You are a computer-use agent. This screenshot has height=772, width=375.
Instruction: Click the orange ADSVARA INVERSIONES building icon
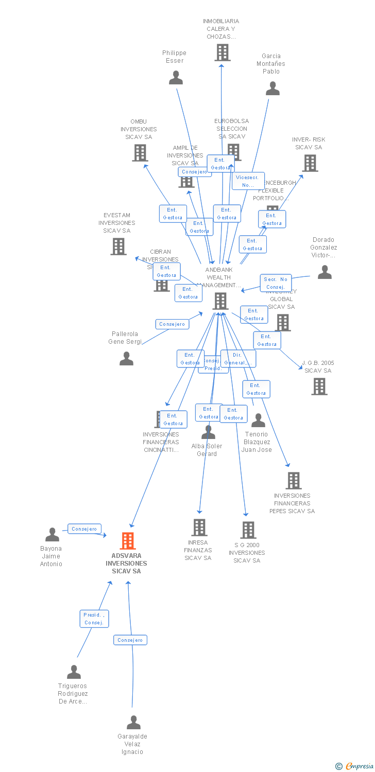pyautogui.click(x=128, y=541)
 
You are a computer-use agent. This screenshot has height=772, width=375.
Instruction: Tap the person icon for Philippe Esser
pyautogui.click(x=176, y=78)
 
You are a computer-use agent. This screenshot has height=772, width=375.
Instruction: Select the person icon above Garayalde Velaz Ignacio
pyautogui.click(x=133, y=723)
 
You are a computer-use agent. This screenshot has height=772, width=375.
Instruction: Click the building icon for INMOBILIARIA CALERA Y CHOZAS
pyautogui.click(x=222, y=52)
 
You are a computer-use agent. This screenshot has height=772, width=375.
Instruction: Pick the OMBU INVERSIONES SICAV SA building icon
pyautogui.click(x=140, y=153)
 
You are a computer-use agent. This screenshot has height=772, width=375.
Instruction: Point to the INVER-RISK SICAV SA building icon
pyautogui.click(x=310, y=163)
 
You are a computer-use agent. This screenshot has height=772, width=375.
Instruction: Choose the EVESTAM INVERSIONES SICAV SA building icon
pyautogui.click(x=118, y=247)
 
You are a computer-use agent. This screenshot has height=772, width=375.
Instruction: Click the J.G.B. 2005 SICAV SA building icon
pyautogui.click(x=319, y=386)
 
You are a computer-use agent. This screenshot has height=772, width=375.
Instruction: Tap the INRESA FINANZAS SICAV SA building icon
pyautogui.click(x=199, y=527)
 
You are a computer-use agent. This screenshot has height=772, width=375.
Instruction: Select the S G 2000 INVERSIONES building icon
pyautogui.click(x=248, y=530)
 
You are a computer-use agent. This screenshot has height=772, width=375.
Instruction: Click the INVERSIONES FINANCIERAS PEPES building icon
pyautogui.click(x=293, y=481)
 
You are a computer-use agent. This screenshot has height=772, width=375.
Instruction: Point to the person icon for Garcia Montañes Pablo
pyautogui.click(x=272, y=89)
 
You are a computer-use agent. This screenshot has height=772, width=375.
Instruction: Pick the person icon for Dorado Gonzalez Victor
pyautogui.click(x=325, y=272)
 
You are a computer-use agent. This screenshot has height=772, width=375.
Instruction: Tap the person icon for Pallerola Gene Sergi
pyautogui.click(x=126, y=359)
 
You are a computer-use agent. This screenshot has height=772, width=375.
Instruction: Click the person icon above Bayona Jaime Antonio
pyautogui.click(x=52, y=535)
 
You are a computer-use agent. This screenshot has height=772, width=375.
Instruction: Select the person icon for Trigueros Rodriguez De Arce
pyautogui.click(x=74, y=672)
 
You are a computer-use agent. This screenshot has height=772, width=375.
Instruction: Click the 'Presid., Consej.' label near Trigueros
pyautogui.click(x=94, y=619)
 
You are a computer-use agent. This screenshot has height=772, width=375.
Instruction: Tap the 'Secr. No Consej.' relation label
pyautogui.click(x=276, y=283)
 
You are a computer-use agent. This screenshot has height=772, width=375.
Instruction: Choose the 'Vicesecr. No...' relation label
pyautogui.click(x=248, y=181)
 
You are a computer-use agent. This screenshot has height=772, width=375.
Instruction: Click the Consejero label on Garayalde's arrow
pyautogui.click(x=130, y=640)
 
